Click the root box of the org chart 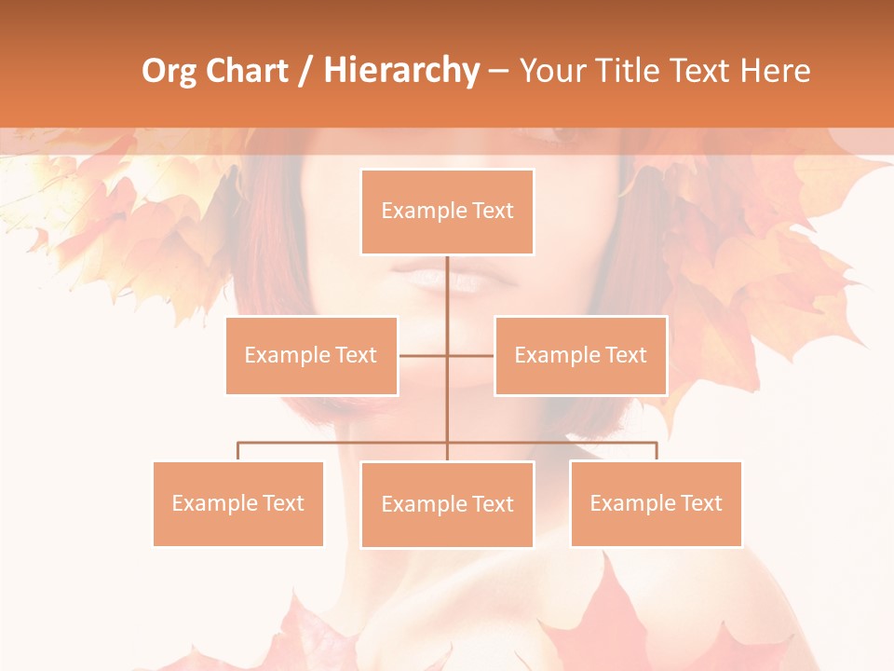(447, 212)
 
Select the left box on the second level (311, 355)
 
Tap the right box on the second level (580, 355)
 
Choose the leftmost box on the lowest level (237, 503)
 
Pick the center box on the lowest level (447, 504)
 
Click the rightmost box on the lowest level (656, 503)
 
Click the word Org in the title (169, 71)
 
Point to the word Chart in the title (246, 71)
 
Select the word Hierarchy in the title (401, 71)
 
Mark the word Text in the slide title (700, 71)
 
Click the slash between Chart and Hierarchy (305, 72)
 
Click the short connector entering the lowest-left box (237, 451)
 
